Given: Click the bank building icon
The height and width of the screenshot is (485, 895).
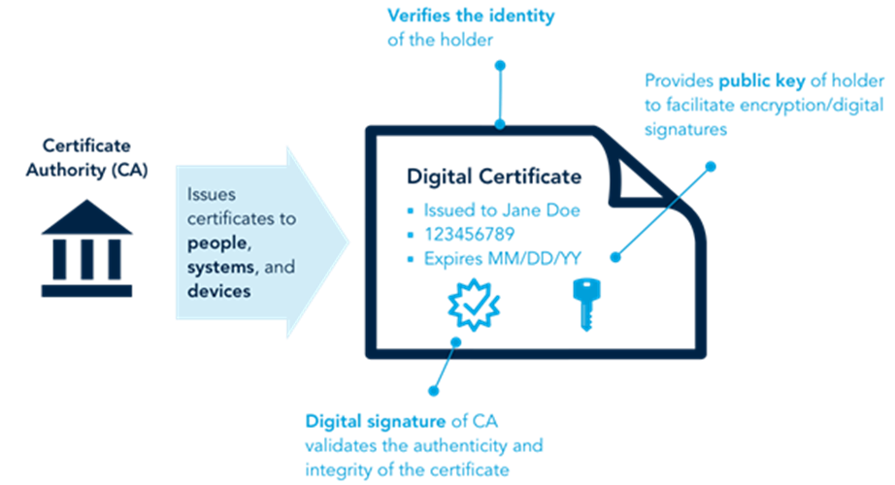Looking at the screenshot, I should (x=87, y=249).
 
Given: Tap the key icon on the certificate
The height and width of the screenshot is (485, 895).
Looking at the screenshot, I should (x=585, y=303).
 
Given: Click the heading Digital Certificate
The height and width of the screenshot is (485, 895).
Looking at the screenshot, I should (x=494, y=178).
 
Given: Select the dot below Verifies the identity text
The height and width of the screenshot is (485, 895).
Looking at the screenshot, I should (x=500, y=65).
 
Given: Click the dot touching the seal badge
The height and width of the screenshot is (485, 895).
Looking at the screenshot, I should (x=455, y=340).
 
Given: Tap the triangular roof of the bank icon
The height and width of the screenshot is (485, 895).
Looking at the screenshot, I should (x=87, y=218).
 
